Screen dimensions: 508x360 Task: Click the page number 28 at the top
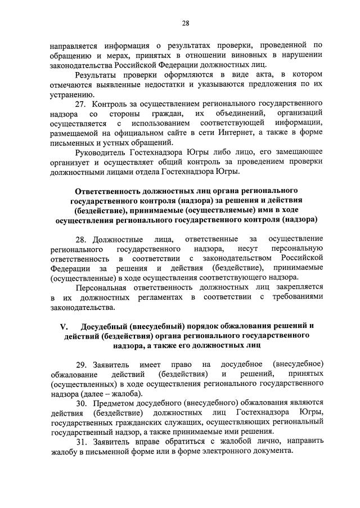[x=185, y=23]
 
